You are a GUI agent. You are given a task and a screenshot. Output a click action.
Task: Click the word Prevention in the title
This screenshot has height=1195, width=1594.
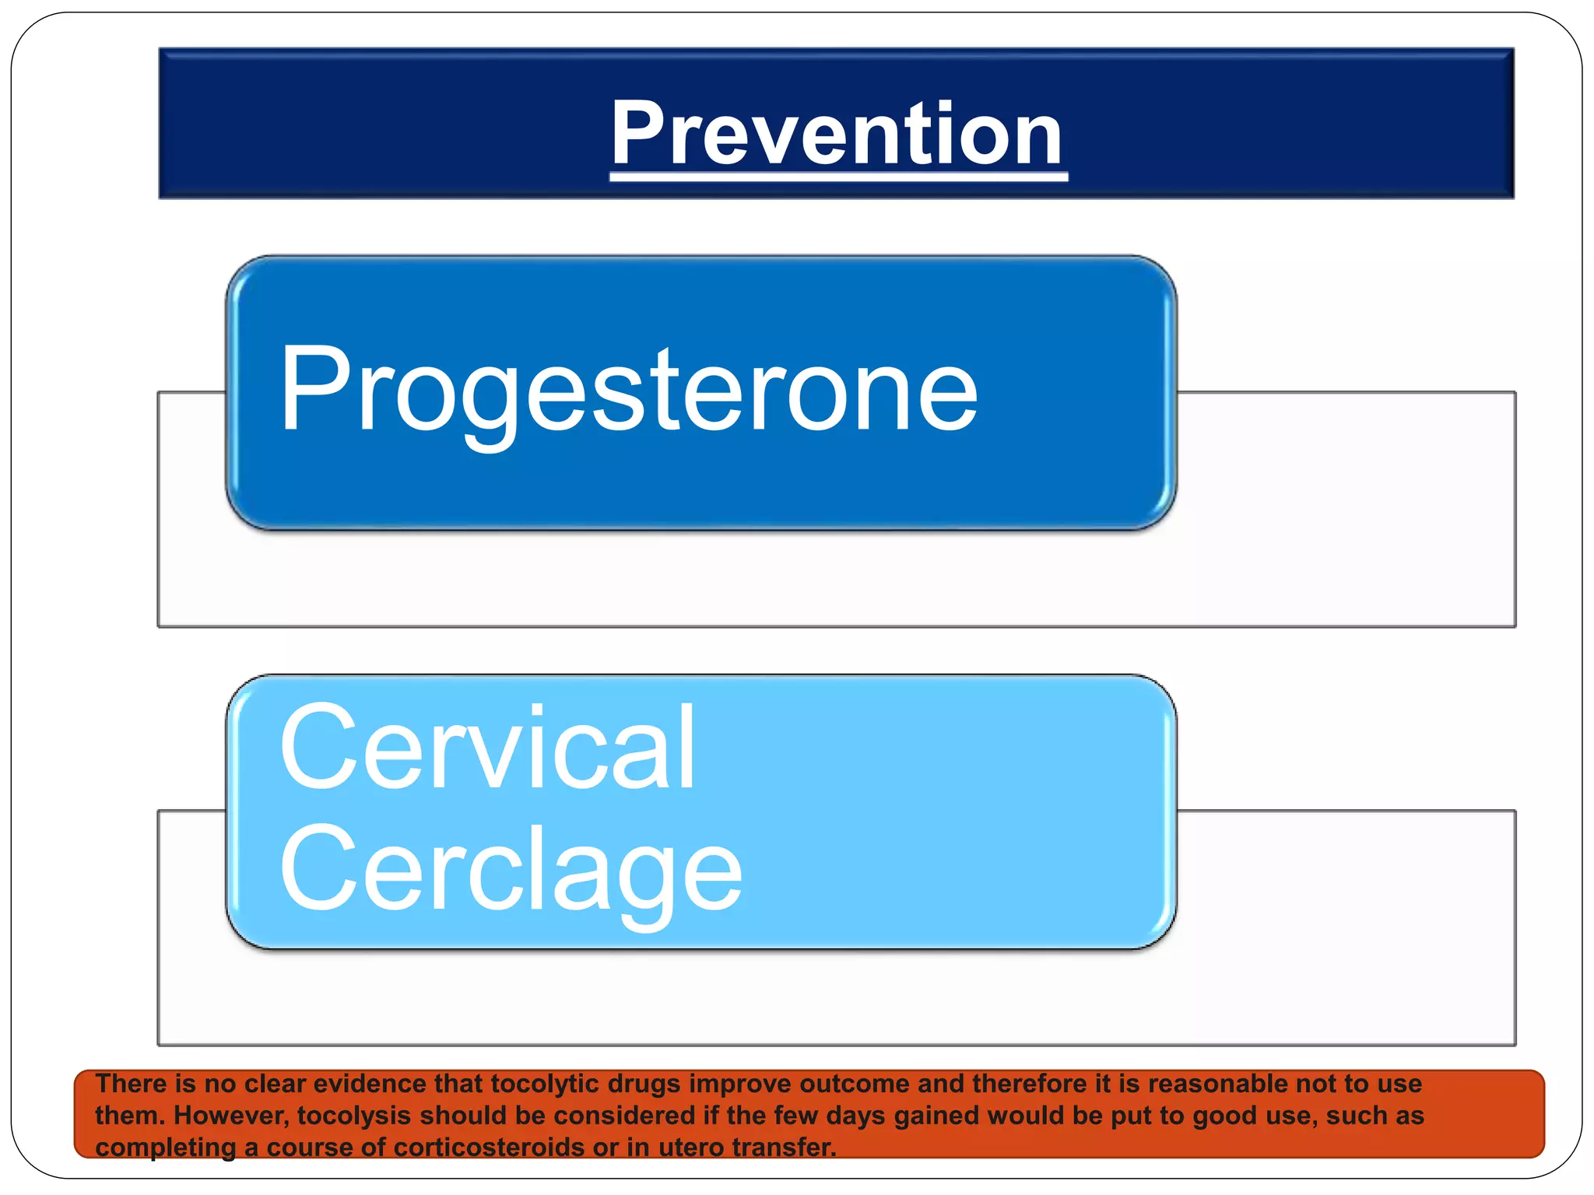(x=837, y=134)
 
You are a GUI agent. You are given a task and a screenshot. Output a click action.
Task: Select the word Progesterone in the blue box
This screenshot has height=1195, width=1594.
(x=628, y=389)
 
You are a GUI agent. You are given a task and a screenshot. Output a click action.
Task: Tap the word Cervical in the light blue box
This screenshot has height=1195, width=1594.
(x=487, y=748)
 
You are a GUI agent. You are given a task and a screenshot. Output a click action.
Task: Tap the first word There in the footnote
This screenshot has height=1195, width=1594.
(x=130, y=1084)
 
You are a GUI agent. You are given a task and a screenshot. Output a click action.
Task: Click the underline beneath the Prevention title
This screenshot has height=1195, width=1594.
(x=837, y=178)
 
